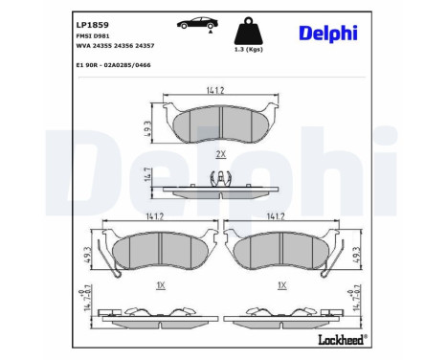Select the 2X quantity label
coord(220,153)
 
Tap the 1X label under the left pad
coord(160,285)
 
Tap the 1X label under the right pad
coord(281,285)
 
